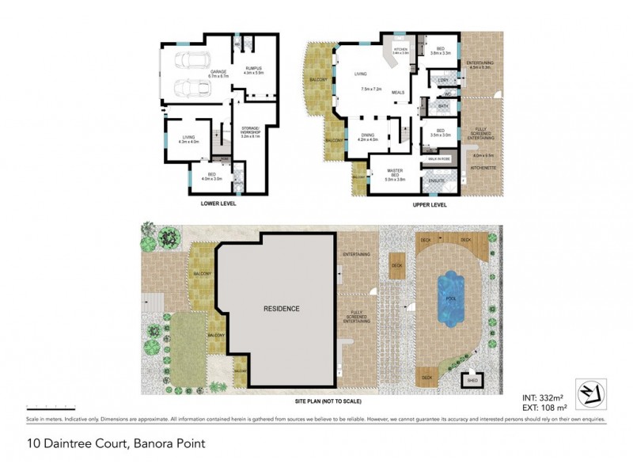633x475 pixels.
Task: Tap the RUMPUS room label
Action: (x=253, y=69)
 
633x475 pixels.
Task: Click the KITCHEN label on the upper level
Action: (x=400, y=48)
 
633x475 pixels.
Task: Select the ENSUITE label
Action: (x=436, y=181)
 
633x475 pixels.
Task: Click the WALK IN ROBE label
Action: (x=439, y=158)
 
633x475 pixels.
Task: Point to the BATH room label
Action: (x=443, y=105)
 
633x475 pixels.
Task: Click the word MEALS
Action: (x=398, y=93)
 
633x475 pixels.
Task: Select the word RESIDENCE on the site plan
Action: (x=282, y=309)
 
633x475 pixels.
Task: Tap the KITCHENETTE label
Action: (x=483, y=169)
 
